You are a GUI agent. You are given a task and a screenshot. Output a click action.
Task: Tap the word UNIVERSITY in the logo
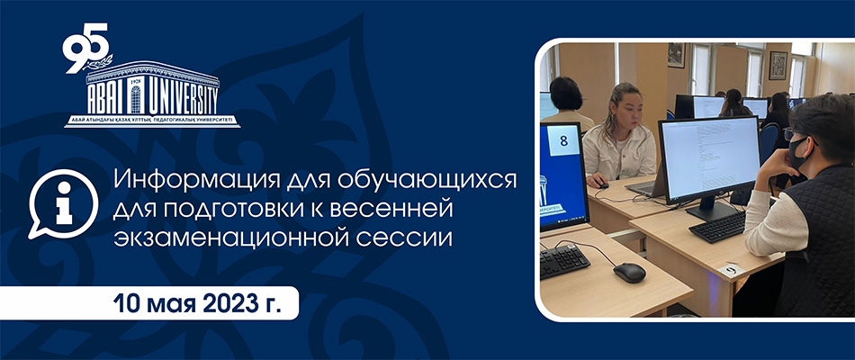[x=181, y=100]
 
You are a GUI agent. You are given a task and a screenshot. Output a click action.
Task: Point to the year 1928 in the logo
[x=136, y=82]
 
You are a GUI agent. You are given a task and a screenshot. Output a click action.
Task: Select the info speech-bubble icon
[x=63, y=202]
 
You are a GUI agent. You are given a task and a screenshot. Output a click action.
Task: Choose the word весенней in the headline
[x=397, y=210]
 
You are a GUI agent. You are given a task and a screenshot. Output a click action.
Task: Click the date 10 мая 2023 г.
[x=197, y=303]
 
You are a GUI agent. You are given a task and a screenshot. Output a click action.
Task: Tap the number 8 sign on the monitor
[x=563, y=141]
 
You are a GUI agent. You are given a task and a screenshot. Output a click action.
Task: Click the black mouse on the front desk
[x=629, y=273]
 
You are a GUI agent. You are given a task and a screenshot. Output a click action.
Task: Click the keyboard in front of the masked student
[x=717, y=227]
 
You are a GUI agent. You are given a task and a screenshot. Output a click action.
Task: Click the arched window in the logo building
[x=136, y=99]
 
